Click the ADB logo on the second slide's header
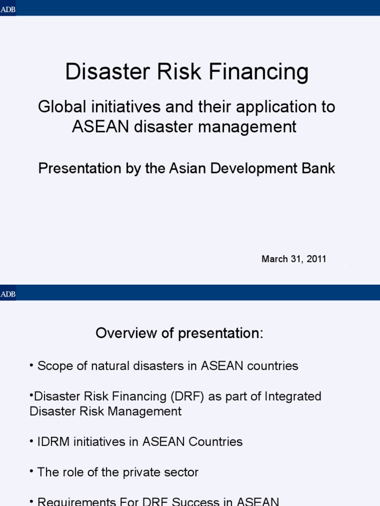(x=8, y=294)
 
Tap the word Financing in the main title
(x=259, y=72)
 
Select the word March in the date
(x=275, y=259)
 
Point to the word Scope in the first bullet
(x=53, y=366)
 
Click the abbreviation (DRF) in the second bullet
(x=189, y=396)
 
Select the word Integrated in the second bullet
(x=293, y=396)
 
